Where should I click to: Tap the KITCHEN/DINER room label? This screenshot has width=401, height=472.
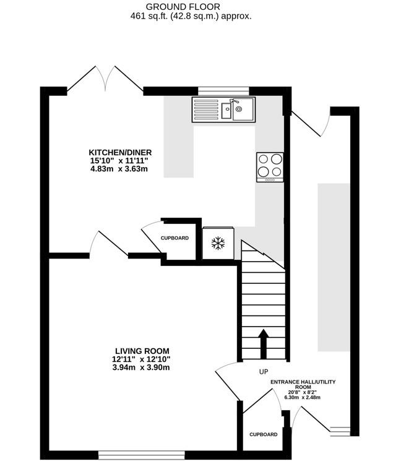pos(120,153)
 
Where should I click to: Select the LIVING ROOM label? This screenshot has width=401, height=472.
pos(141,351)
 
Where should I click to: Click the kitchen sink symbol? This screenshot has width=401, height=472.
pos(223,109)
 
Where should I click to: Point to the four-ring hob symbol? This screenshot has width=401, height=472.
pos(270,166)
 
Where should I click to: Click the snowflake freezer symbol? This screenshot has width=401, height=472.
pos(217,243)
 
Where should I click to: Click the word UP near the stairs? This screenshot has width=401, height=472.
pos(264,372)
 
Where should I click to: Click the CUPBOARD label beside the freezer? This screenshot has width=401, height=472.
pos(175,238)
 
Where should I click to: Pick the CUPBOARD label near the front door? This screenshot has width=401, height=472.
pos(263,435)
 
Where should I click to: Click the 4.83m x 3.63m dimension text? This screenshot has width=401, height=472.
pos(119,169)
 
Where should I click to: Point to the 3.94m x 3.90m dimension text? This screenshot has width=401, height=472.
pos(141,367)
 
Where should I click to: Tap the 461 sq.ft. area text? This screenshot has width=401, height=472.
pos(191,17)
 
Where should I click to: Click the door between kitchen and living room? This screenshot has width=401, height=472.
pos(109,244)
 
